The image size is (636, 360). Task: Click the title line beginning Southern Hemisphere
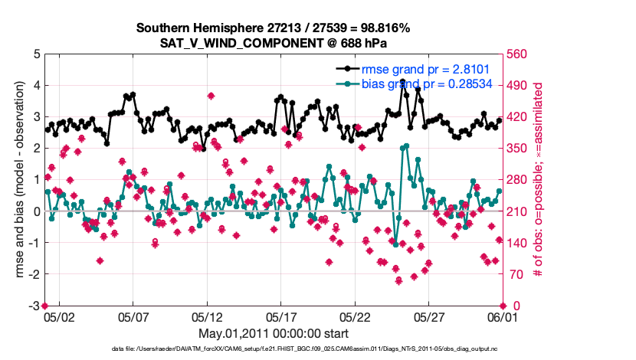(x=273, y=28)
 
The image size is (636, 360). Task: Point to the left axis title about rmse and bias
(x=17, y=180)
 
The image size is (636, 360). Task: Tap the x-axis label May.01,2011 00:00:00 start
(x=273, y=333)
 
